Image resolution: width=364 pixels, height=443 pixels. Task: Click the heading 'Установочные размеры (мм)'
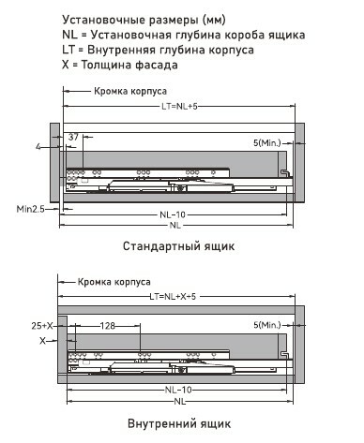(x=144, y=20)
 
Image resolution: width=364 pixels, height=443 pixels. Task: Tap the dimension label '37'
(x=73, y=137)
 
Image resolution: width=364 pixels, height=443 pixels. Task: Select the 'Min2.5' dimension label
(x=30, y=209)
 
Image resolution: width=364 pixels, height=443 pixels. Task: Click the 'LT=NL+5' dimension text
(x=179, y=107)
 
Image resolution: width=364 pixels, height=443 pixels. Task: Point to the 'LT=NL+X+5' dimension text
(x=173, y=296)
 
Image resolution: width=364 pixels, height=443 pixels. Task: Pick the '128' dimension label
(x=107, y=326)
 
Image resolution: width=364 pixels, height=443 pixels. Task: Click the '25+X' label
(x=42, y=326)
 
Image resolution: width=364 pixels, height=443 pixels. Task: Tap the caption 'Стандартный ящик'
(x=178, y=246)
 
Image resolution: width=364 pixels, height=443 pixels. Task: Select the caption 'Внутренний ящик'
(x=179, y=423)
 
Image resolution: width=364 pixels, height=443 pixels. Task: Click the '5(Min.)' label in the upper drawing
(x=267, y=143)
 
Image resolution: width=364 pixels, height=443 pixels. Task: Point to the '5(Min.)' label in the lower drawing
(x=267, y=325)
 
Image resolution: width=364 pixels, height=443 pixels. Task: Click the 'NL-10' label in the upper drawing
(x=173, y=214)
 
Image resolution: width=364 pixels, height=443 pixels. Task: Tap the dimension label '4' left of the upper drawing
(x=38, y=146)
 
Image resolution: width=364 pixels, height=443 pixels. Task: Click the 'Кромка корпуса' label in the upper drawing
(x=130, y=91)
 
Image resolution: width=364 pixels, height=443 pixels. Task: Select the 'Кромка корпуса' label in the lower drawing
(x=114, y=282)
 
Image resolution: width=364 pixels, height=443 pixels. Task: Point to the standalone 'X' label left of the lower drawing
(x=42, y=341)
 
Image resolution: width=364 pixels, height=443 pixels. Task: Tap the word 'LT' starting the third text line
(x=68, y=50)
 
